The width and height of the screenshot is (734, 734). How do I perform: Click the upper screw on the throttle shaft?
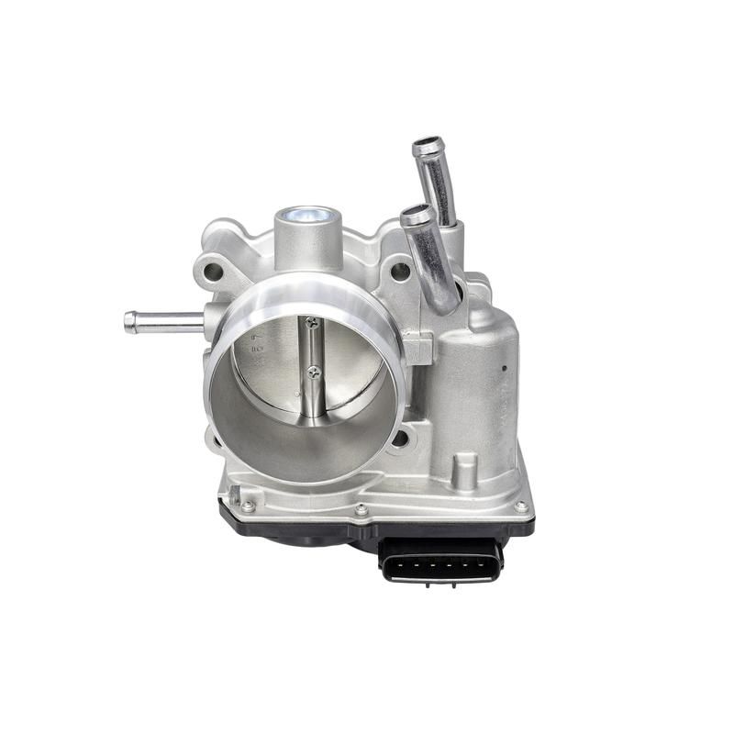(313, 323)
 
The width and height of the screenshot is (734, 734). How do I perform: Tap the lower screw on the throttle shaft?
(314, 372)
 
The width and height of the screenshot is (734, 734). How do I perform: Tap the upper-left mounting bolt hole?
(214, 272)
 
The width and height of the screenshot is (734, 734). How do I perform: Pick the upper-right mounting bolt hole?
(400, 272)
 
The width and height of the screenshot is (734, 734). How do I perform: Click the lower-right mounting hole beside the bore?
(401, 439)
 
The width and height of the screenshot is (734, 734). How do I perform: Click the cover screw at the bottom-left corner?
(247, 506)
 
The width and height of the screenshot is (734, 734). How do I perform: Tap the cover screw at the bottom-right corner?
(521, 506)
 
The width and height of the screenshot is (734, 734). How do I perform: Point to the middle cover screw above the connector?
(361, 509)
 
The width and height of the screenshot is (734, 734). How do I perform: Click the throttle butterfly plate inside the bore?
(275, 367)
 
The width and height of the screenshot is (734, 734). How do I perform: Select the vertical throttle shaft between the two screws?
(314, 349)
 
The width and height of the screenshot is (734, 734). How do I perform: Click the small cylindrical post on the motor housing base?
(465, 473)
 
